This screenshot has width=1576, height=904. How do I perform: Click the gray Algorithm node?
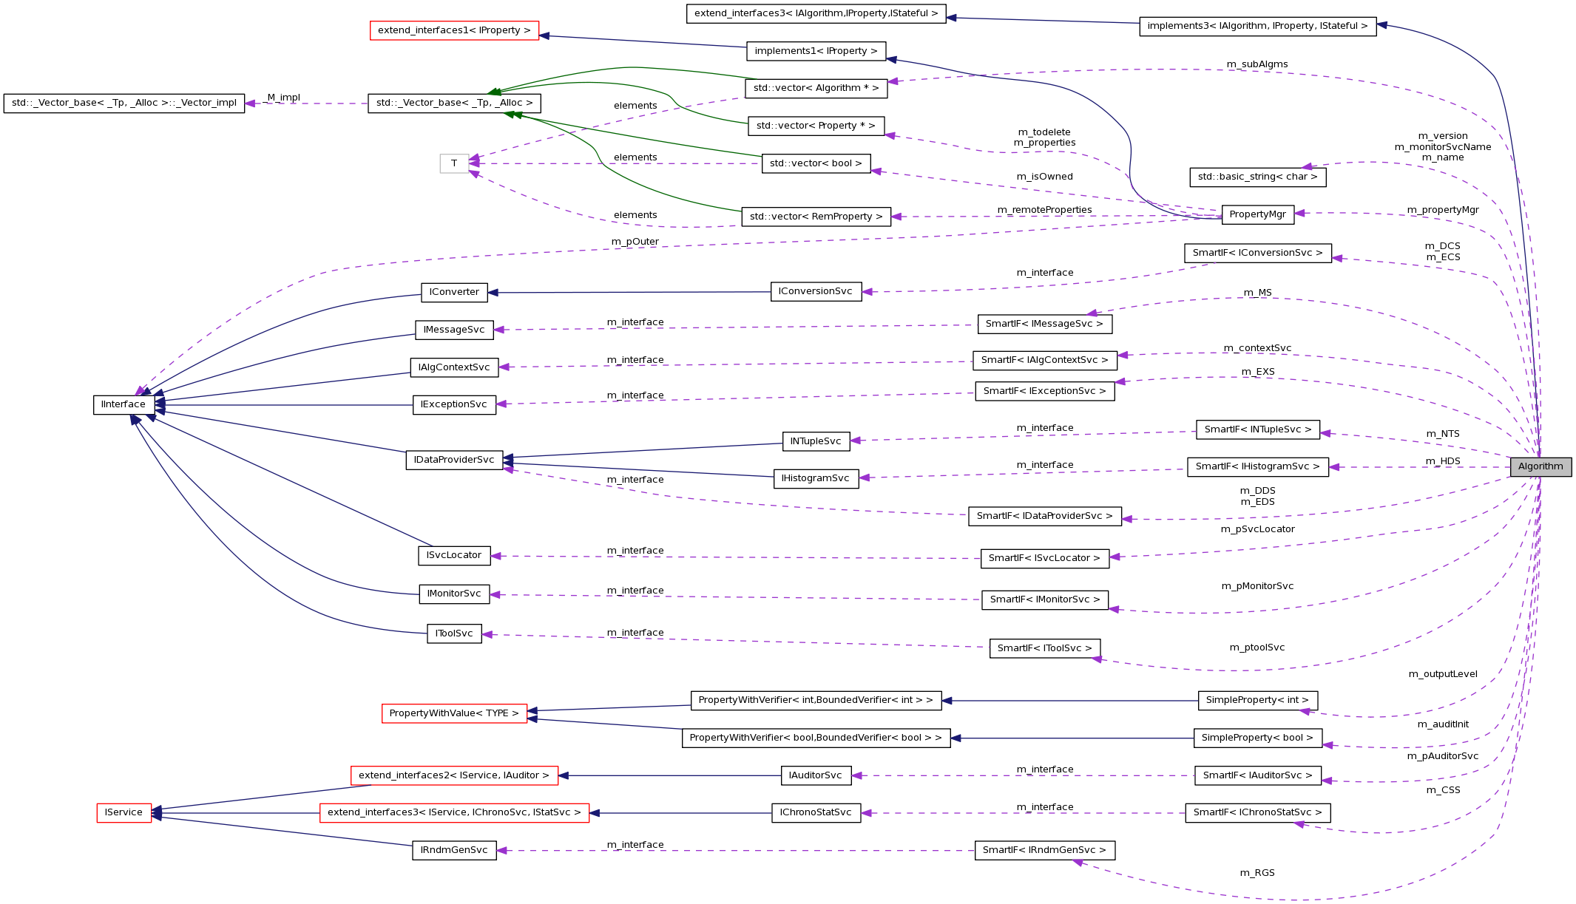tap(1540, 466)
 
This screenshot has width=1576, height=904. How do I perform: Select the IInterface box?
tap(124, 404)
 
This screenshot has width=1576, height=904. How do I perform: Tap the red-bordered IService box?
tap(124, 812)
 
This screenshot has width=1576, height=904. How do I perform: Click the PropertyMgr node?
tap(1257, 214)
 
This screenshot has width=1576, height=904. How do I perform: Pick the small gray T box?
tap(454, 163)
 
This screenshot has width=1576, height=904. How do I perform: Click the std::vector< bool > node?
tap(815, 163)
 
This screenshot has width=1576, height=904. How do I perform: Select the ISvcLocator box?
tap(453, 555)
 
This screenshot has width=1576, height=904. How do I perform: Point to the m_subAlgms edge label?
tap(1257, 64)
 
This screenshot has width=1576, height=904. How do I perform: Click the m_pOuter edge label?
tap(635, 242)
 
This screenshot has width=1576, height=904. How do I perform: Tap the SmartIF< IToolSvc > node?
tap(1044, 648)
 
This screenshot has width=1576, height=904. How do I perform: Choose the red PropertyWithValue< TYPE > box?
tap(454, 713)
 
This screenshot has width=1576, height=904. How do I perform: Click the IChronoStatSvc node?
tap(815, 812)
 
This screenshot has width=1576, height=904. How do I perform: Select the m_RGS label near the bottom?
tap(1257, 873)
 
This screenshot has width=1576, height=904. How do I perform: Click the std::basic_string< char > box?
tap(1257, 177)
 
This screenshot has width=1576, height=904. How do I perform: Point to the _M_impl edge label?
tap(283, 98)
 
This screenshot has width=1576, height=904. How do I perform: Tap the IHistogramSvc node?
tap(815, 478)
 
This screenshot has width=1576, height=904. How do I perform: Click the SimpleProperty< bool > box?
tap(1257, 738)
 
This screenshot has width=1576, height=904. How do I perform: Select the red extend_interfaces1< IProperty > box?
tap(454, 30)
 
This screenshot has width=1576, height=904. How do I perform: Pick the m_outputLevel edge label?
tap(1442, 674)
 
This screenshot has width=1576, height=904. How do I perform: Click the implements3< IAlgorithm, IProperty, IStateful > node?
tap(1257, 26)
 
